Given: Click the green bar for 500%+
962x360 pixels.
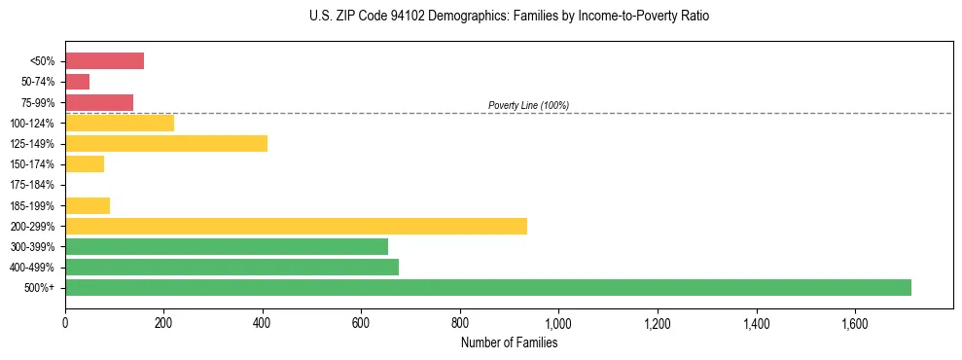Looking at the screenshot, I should pyautogui.click(x=487, y=287).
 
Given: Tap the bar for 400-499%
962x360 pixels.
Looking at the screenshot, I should pyautogui.click(x=232, y=267).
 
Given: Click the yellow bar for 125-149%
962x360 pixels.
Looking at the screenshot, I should pyautogui.click(x=166, y=144).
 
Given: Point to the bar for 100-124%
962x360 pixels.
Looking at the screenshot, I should pyautogui.click(x=120, y=123).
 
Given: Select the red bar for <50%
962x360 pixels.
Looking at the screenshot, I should pyautogui.click(x=104, y=61).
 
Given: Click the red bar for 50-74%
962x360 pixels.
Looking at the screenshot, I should pyautogui.click(x=77, y=82).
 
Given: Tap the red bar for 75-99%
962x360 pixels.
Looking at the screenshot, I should pyautogui.click(x=99, y=102).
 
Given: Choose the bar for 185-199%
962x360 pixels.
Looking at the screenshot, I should pyautogui.click(x=88, y=205).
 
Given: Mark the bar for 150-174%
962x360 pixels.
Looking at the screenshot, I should pyautogui.click(x=85, y=164).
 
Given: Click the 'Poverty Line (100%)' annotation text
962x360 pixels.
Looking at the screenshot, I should pyautogui.click(x=528, y=105).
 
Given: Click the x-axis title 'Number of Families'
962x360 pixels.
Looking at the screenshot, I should pyautogui.click(x=509, y=342).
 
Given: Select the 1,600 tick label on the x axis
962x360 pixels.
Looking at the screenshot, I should pyautogui.click(x=854, y=323).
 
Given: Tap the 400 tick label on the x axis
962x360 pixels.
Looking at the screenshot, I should pyautogui.click(x=263, y=323).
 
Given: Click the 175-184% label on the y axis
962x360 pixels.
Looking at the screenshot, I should pyautogui.click(x=33, y=185).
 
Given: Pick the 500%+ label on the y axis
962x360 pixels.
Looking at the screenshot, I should pyautogui.click(x=40, y=288).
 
